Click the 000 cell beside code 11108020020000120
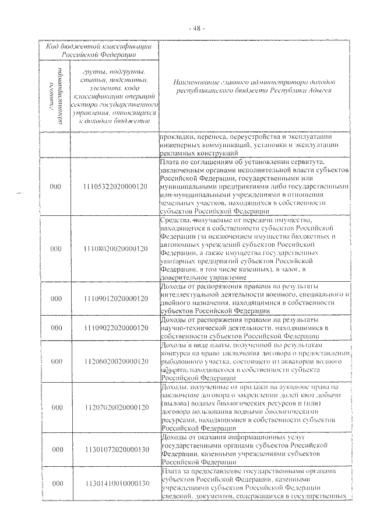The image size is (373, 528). tap(56, 249)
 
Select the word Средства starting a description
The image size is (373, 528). tap(175, 220)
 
